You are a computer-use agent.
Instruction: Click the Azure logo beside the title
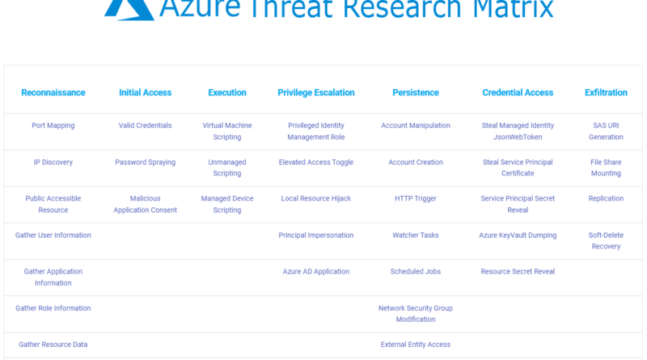pos(129,10)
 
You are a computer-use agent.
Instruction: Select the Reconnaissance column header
pos(53,92)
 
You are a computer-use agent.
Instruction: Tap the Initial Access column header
pos(146,92)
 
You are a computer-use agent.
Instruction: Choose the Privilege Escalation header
pos(316,92)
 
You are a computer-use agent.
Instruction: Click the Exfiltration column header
pos(606,92)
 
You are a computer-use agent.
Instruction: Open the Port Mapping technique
pos(53,125)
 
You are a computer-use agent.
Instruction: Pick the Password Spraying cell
pos(146,163)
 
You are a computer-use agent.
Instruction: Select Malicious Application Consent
pos(146,204)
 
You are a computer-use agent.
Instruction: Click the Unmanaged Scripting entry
pos(227,167)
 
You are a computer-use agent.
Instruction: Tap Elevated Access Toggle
pos(316,163)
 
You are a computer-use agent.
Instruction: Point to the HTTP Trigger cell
pos(416,198)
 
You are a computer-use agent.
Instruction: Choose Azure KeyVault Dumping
pos(518,235)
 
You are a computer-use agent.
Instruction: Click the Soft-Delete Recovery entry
pos(606,241)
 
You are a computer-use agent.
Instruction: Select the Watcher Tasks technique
pos(416,235)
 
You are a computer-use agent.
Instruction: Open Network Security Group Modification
pos(416,314)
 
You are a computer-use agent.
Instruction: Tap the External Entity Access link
pos(416,345)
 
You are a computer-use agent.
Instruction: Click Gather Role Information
pos(53,308)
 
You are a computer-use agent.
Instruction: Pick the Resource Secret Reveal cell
pos(518,272)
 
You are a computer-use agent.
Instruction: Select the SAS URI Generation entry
pos(606,131)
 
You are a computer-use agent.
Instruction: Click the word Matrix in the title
pos(513,8)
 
